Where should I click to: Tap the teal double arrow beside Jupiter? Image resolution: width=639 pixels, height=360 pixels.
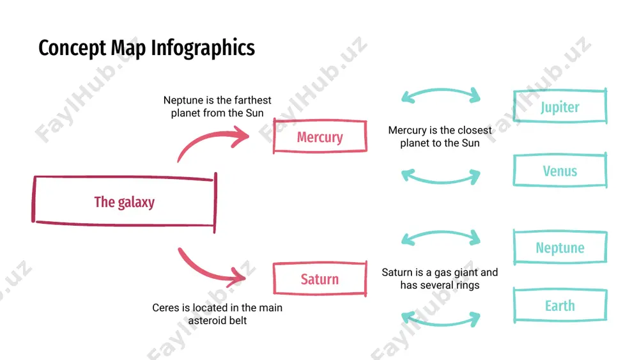[441, 90]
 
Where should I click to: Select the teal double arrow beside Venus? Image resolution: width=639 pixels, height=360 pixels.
[441, 181]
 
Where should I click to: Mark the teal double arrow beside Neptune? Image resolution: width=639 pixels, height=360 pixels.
[441, 232]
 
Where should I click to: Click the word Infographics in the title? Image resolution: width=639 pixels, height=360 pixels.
[203, 49]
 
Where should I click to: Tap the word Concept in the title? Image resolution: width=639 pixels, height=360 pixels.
[72, 49]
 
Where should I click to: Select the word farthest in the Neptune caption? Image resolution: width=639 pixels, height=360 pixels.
[252, 100]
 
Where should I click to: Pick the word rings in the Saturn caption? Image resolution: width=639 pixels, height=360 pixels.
[468, 285]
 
